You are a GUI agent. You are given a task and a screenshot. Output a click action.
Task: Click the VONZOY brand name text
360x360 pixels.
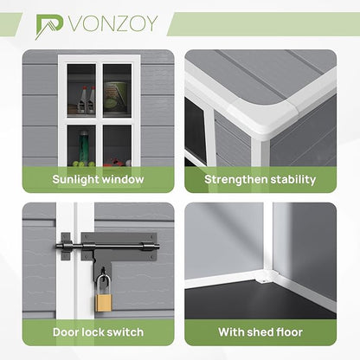pos(113,23)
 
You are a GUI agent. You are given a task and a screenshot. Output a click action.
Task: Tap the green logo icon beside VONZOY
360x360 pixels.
pos(49,27)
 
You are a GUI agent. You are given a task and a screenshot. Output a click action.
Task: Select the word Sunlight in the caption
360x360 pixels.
pos(75,179)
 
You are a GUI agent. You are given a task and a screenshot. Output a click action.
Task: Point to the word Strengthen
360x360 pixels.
pos(235,180)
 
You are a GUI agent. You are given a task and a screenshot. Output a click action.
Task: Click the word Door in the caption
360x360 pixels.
pos(66,332)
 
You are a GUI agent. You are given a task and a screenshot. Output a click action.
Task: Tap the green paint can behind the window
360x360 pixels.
pos(115,97)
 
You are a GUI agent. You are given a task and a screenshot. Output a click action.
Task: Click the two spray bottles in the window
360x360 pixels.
pos(86,100)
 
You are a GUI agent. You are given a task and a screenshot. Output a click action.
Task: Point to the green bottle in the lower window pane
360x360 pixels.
pos(83,146)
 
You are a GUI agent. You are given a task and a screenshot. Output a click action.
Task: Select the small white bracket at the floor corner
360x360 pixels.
pos(262,280)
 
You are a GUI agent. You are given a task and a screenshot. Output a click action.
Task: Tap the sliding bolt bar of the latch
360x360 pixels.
pos(107,247)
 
